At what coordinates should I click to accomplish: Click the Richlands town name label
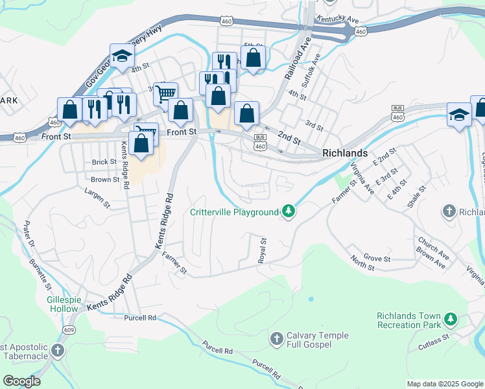344,154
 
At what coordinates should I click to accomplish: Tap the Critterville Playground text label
233,212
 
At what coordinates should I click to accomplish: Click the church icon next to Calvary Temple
276,338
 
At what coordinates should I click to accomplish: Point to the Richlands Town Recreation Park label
408,320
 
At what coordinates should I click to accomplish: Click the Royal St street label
263,250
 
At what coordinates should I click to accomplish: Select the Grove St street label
377,259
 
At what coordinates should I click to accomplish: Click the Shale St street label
418,197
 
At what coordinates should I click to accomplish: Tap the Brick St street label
103,162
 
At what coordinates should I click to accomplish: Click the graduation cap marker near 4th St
121,56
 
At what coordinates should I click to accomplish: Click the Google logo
21,381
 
